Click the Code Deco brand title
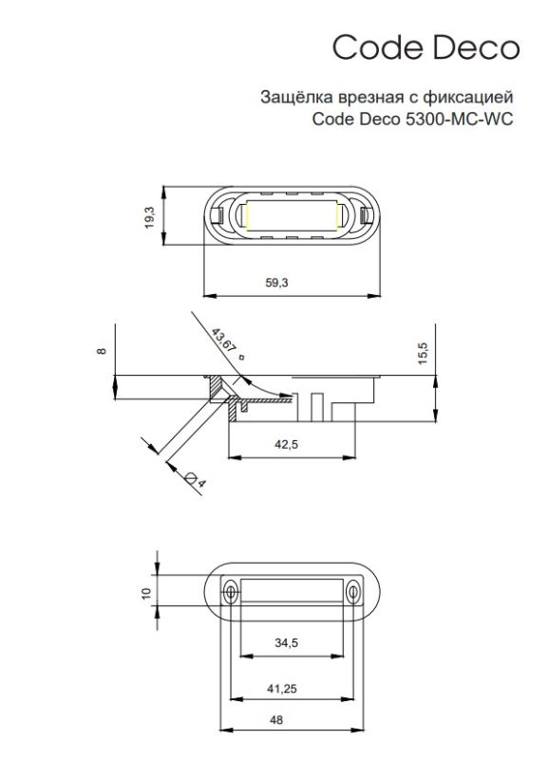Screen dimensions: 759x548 (x=425, y=47)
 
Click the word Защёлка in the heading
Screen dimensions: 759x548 (x=290, y=97)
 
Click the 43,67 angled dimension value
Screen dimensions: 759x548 (x=225, y=342)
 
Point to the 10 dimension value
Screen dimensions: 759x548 (x=146, y=592)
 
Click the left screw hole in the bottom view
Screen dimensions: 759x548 (x=230, y=592)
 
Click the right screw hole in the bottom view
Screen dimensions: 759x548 (x=352, y=592)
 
